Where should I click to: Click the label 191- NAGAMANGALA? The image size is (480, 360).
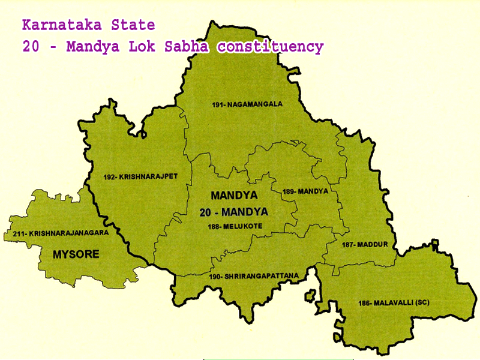pyautogui.click(x=247, y=104)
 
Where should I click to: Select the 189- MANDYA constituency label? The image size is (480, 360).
pyautogui.click(x=305, y=191)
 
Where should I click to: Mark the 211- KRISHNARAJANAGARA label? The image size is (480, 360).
pyautogui.click(x=58, y=233)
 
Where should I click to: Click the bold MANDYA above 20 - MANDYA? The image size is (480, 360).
pyautogui.click(x=234, y=196)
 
